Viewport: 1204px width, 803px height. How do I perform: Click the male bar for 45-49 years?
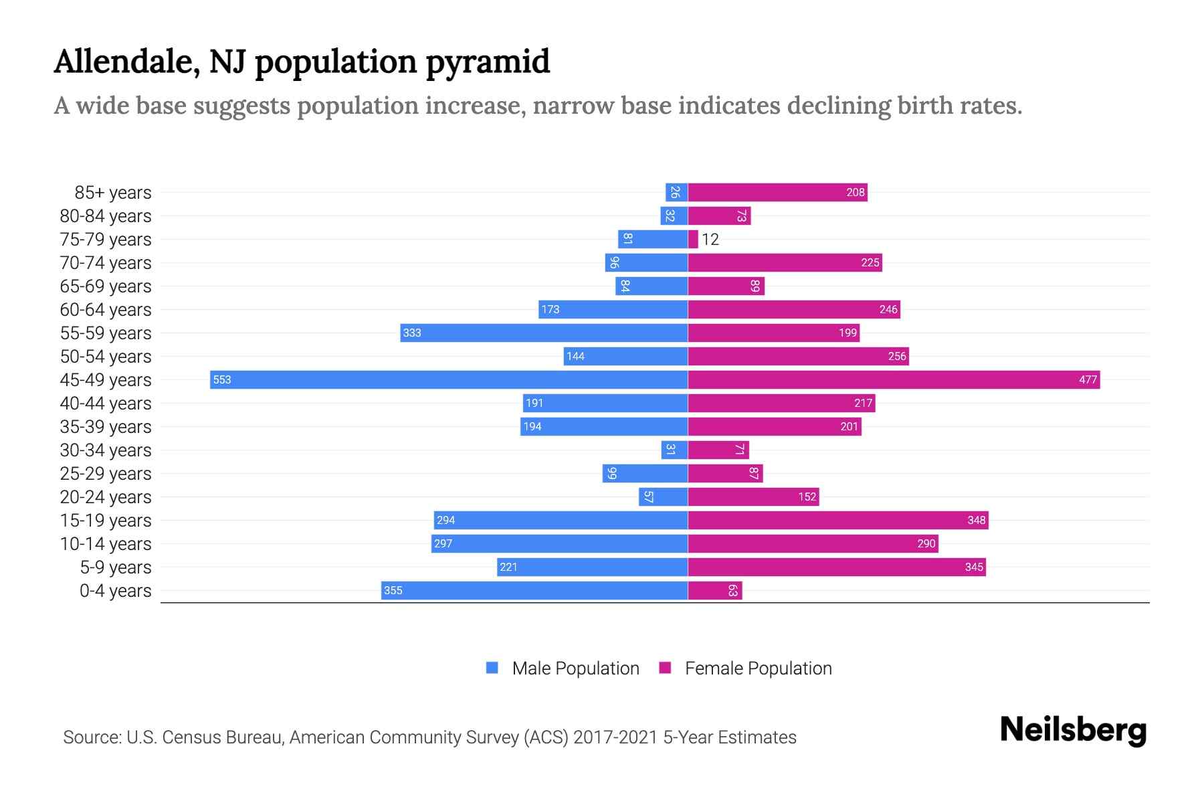(x=448, y=379)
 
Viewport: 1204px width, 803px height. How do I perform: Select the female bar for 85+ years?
(x=777, y=192)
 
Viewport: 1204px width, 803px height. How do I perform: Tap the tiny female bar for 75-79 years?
(x=693, y=239)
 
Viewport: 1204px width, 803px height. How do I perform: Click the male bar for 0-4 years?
(x=534, y=590)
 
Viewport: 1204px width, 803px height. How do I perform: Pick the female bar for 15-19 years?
(x=837, y=520)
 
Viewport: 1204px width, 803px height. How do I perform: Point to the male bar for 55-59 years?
(x=543, y=333)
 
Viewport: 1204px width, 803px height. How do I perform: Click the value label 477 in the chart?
(x=1088, y=379)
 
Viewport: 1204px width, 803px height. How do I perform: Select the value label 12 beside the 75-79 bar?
(x=710, y=239)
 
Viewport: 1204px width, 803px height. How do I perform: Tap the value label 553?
(x=221, y=379)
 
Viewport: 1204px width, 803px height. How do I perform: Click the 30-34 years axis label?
(x=106, y=450)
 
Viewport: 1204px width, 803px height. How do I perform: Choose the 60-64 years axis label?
(x=106, y=309)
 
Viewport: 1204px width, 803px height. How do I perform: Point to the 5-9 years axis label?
(x=115, y=567)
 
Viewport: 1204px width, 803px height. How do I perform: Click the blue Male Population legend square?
(x=492, y=668)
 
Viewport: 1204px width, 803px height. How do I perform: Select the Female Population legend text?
(x=758, y=668)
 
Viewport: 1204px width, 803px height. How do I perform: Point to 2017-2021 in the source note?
(x=615, y=737)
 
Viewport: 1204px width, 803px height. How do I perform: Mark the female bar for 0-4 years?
(x=715, y=590)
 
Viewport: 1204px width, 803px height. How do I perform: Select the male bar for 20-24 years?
(x=663, y=497)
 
